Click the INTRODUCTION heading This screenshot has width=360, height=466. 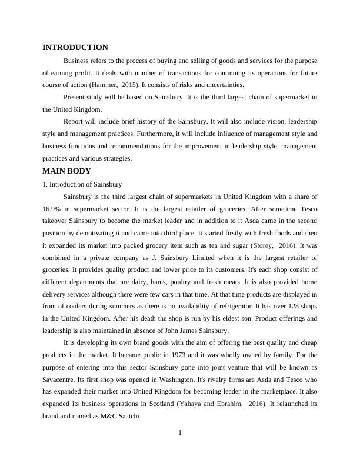click(x=75, y=48)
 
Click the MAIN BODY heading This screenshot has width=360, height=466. click(x=66, y=171)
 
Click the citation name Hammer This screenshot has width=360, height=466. click(x=104, y=85)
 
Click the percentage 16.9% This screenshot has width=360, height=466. click(x=54, y=208)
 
